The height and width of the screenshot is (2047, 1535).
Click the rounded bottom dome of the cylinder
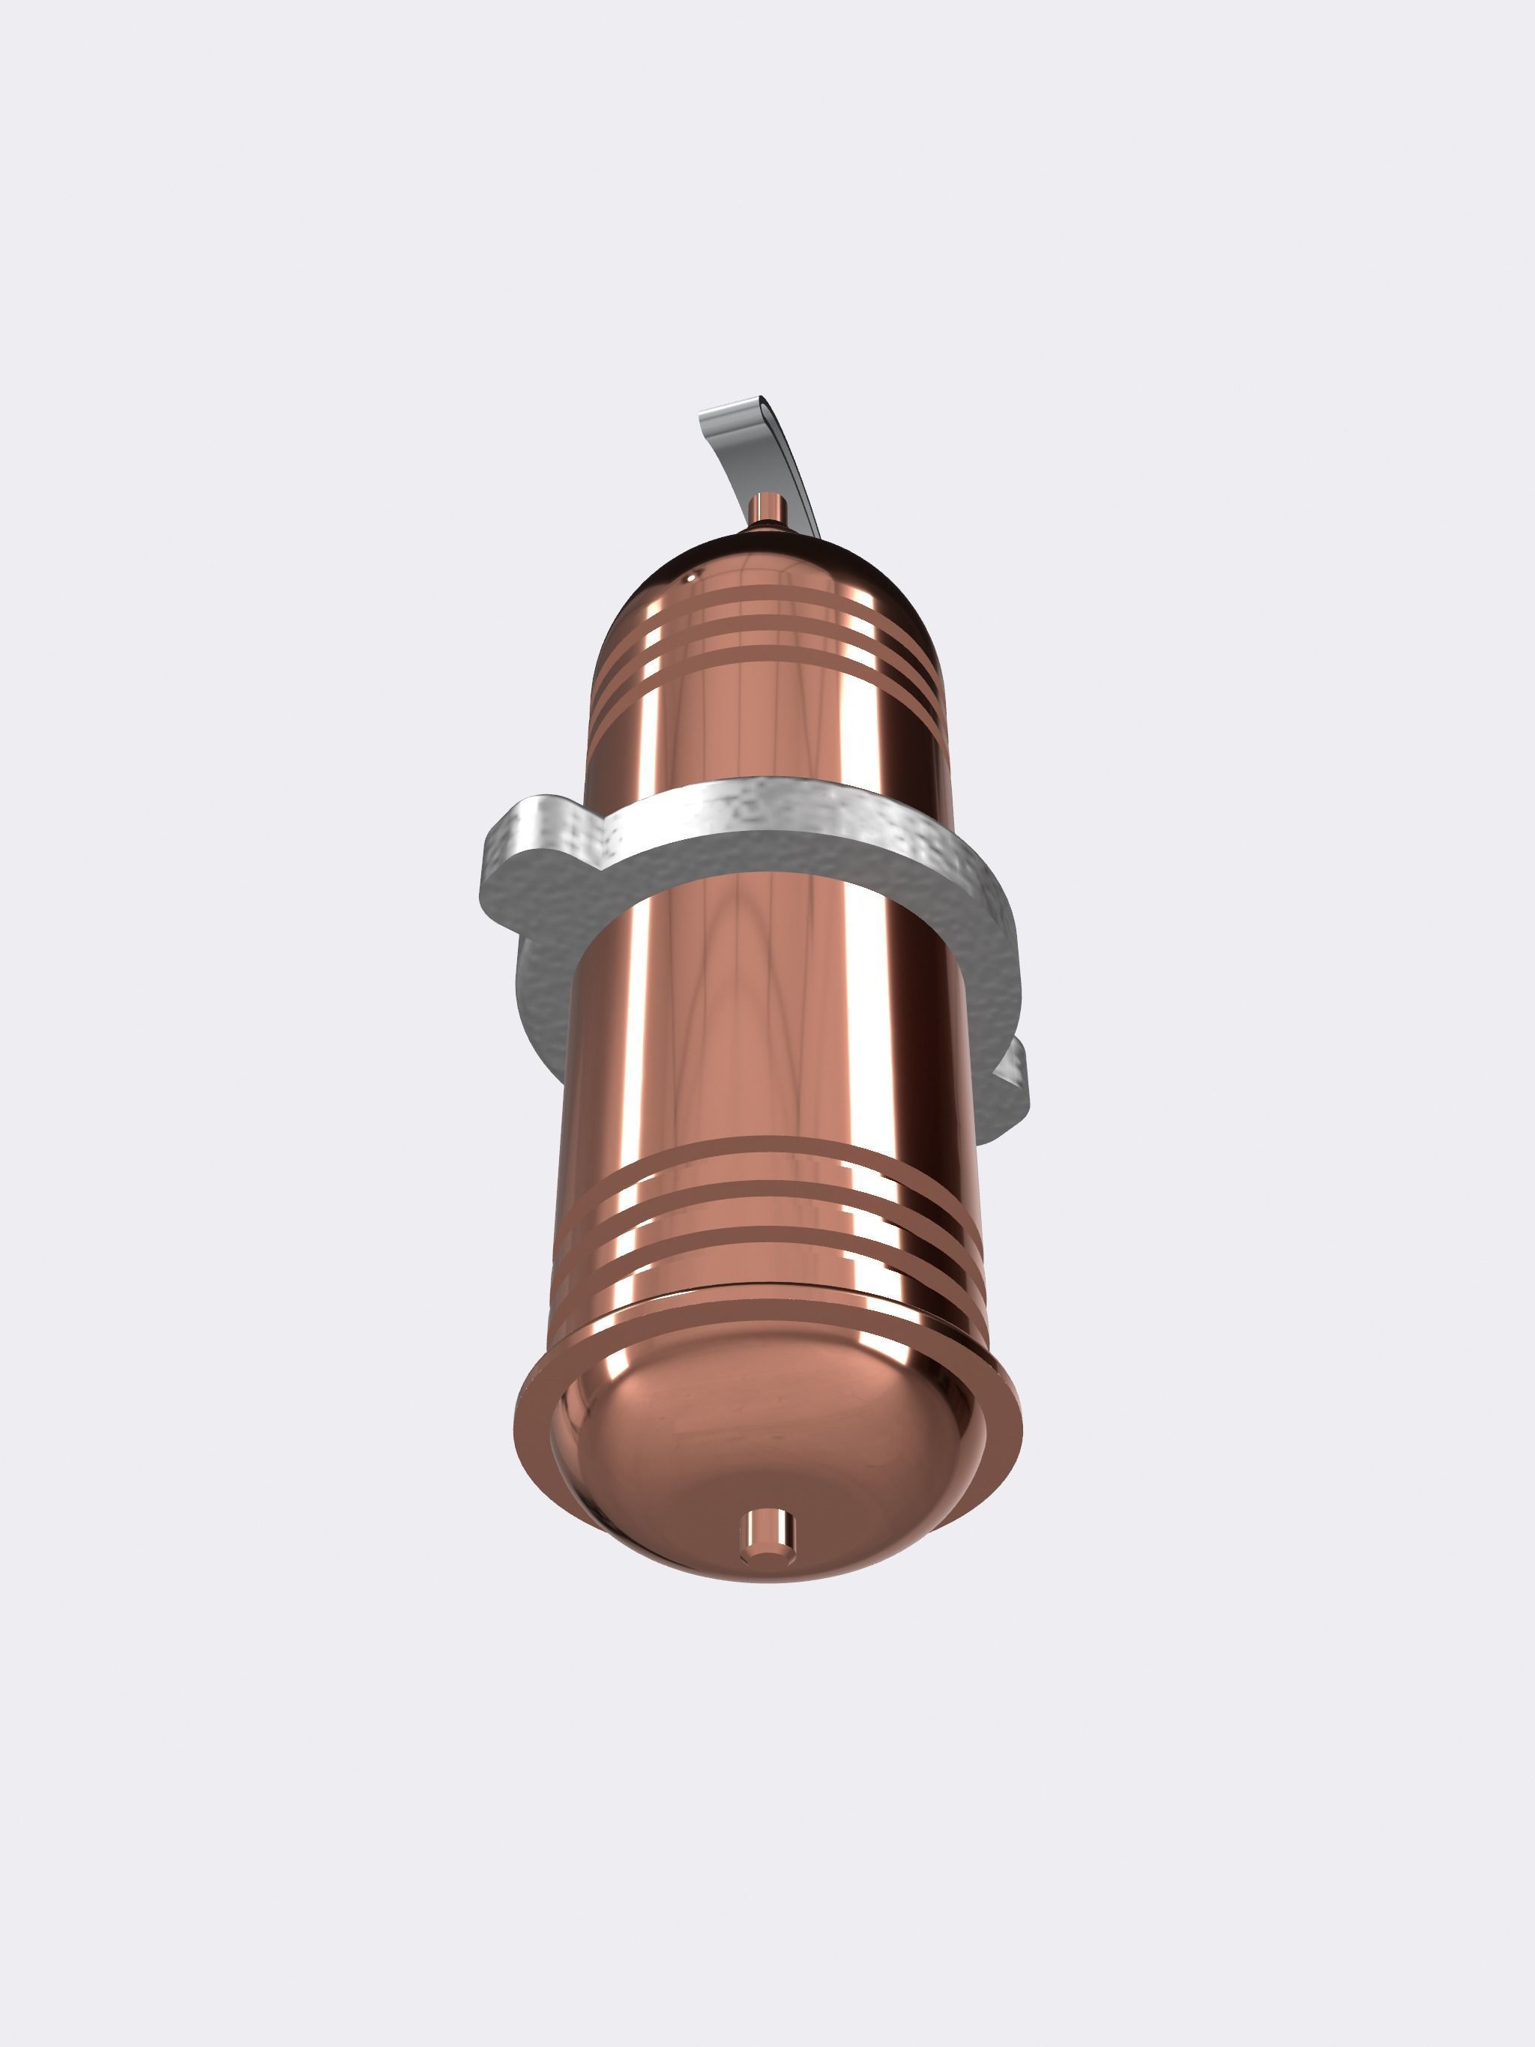tap(768, 1462)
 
